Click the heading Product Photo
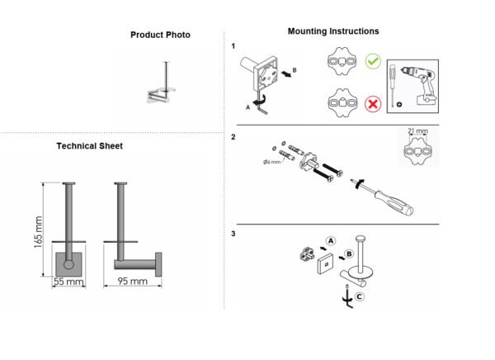[160, 35]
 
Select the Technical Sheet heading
[90, 146]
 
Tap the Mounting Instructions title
[333, 31]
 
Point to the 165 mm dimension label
[38, 232]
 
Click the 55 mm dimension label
[68, 281]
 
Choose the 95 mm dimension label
[132, 281]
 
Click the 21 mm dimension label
[417, 130]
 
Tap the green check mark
[373, 61]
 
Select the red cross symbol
[373, 104]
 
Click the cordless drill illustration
[420, 85]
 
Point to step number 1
[233, 46]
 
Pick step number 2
[233, 137]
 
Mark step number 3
[233, 234]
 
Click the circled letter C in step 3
[359, 296]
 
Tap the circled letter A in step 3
[331, 241]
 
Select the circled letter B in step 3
[349, 253]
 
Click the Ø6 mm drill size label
[271, 162]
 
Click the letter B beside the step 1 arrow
[295, 70]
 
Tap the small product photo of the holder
[161, 83]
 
